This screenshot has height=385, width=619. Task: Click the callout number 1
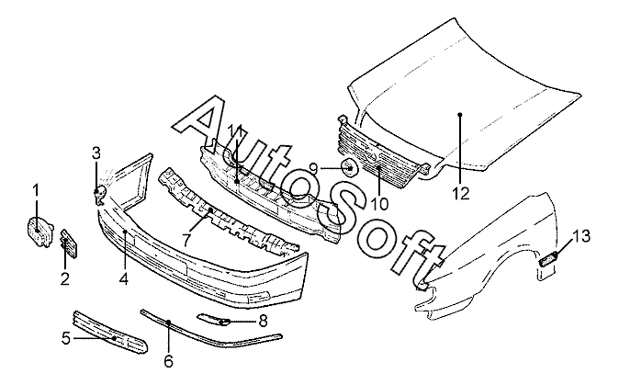(37, 190)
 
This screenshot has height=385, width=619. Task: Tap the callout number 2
(64, 278)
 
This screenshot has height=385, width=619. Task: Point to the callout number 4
(123, 278)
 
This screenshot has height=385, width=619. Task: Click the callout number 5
(66, 339)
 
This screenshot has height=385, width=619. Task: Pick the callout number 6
(168, 362)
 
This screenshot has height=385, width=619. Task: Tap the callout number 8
(263, 321)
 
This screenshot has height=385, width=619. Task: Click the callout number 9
(313, 168)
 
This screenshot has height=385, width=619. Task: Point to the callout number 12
(459, 194)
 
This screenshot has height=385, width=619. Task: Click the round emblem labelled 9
(350, 168)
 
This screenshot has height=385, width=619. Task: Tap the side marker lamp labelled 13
(548, 258)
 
